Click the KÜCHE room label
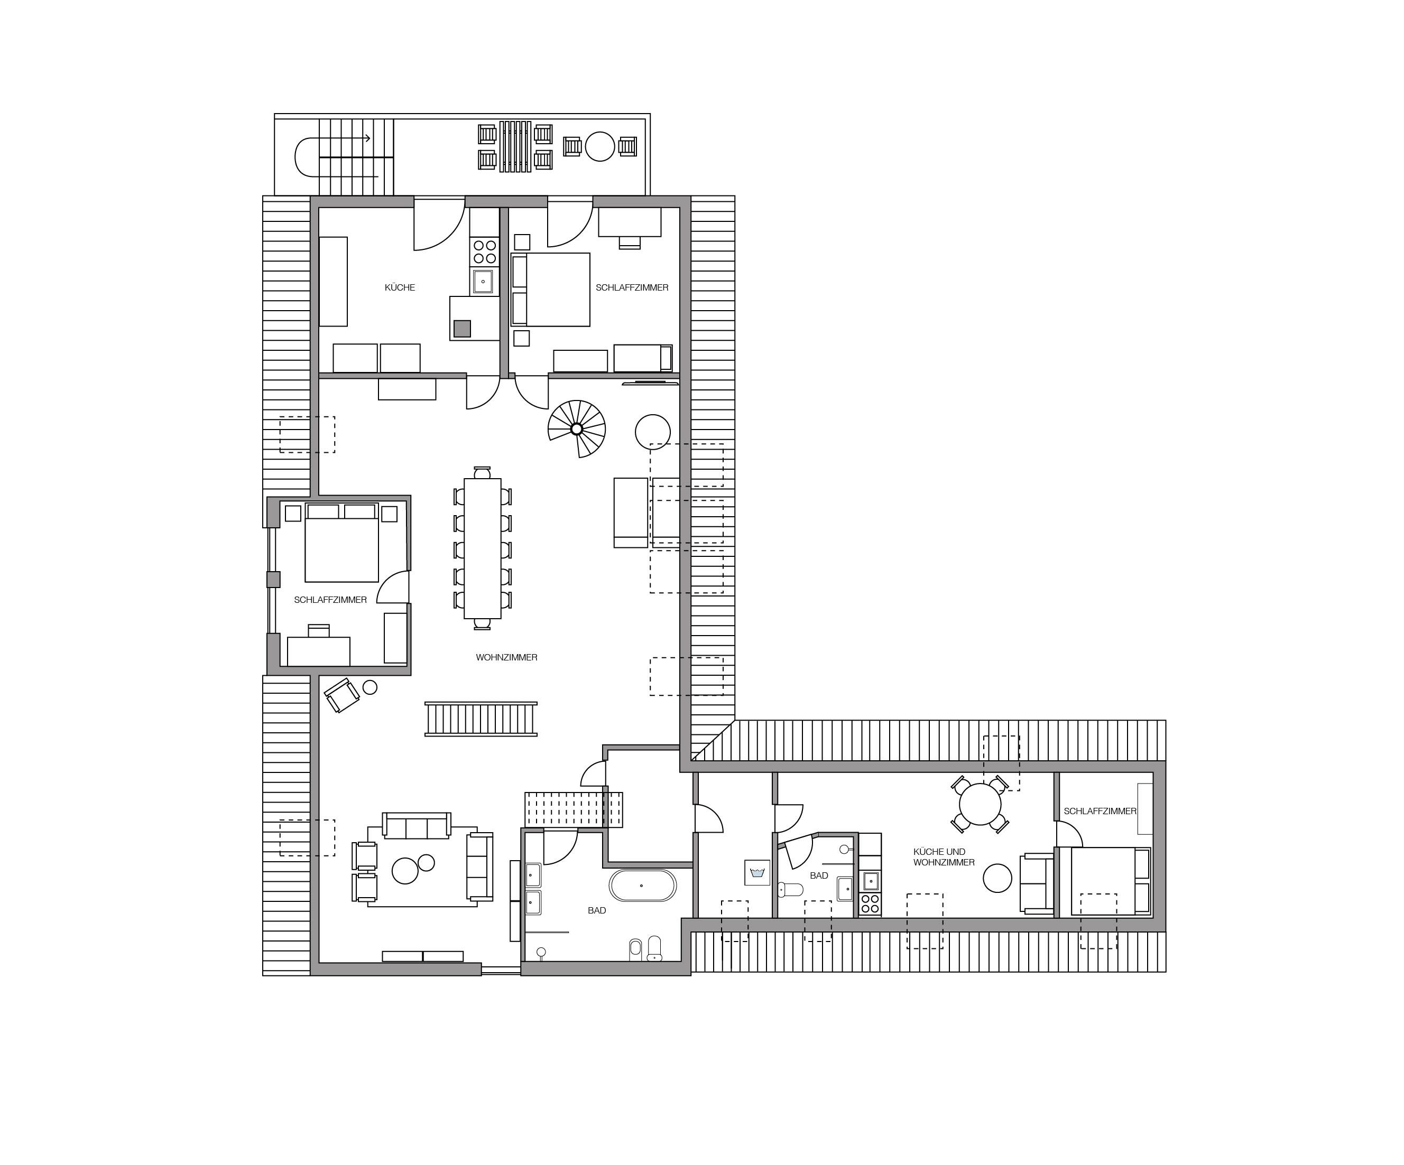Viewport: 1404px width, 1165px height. tap(400, 287)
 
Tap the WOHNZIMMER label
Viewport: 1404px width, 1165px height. tap(507, 657)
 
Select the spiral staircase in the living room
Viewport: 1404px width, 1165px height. tap(576, 428)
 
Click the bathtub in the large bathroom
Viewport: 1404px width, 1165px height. tap(642, 886)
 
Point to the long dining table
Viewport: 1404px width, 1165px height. tap(483, 548)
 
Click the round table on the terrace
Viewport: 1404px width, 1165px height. tap(599, 147)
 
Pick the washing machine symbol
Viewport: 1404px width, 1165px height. tap(758, 873)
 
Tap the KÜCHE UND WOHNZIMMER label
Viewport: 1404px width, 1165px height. tap(944, 857)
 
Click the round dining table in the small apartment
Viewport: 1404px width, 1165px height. tap(980, 804)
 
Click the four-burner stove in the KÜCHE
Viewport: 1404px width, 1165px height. tap(485, 252)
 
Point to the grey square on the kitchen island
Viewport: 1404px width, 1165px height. tap(462, 328)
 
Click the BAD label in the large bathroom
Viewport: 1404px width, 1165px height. tap(597, 910)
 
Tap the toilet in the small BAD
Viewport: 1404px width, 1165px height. tap(790, 890)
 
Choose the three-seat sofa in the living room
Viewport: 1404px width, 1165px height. tap(417, 825)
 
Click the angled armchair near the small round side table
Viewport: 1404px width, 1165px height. tap(341, 695)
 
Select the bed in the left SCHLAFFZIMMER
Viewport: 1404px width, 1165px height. tap(341, 543)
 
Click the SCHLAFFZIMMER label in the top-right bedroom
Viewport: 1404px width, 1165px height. tap(632, 287)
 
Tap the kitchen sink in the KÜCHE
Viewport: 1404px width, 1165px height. tap(483, 282)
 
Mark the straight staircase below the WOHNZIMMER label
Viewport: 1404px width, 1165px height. tap(481, 719)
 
